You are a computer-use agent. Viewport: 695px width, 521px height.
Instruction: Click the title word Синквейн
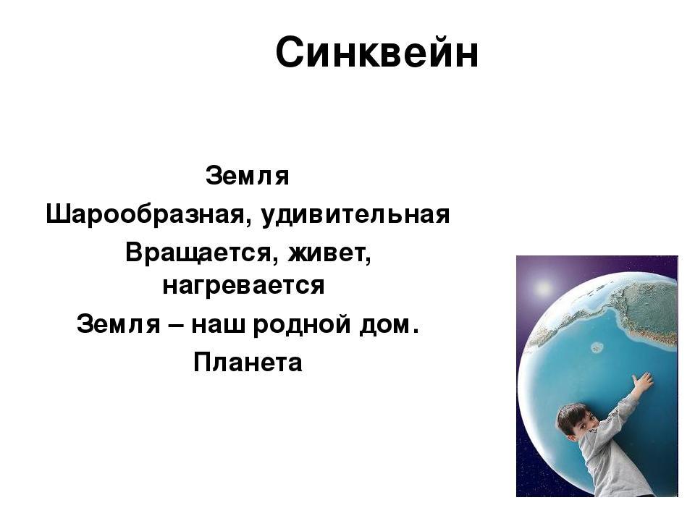point(376,52)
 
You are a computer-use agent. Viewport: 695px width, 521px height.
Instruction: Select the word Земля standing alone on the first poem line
point(248,176)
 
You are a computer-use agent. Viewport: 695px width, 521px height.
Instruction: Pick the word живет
point(329,254)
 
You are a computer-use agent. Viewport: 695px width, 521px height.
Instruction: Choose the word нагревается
point(244,287)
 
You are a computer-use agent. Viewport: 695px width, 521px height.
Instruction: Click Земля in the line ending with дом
point(118,324)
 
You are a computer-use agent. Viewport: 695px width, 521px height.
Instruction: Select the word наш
point(218,325)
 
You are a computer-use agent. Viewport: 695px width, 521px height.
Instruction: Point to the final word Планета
point(248,363)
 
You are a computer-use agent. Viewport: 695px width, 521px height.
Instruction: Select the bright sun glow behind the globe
point(542,289)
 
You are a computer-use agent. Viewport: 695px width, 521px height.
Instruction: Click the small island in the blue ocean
point(597,347)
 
